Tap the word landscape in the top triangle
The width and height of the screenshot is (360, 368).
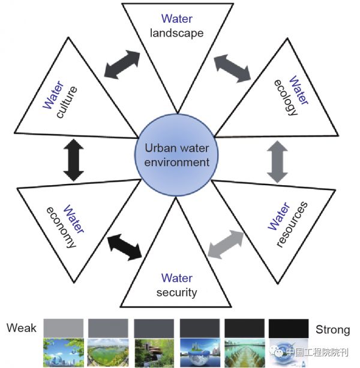176,32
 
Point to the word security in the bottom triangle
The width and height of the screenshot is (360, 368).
176,292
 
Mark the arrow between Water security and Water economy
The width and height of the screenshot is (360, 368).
124,245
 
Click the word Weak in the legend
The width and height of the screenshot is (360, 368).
22,328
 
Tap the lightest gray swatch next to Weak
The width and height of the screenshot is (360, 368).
64,328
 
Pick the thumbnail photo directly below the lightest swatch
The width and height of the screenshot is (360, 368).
64,352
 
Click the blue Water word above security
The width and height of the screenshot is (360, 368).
176,278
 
